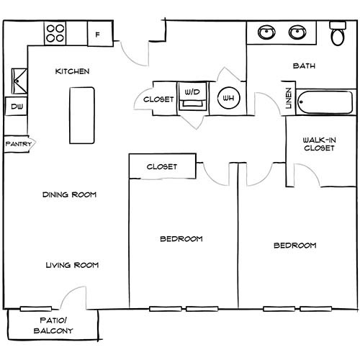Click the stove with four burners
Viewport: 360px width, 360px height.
[x=55, y=33]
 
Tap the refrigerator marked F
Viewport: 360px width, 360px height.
[x=100, y=34]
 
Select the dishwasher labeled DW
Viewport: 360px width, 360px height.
[x=17, y=107]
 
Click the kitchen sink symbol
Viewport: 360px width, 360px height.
[x=19, y=81]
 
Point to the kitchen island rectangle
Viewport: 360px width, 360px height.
[x=82, y=115]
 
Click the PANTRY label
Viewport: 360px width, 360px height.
[x=19, y=144]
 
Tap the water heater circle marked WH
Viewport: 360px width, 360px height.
[x=229, y=98]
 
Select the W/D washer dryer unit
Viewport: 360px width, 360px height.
[x=192, y=96]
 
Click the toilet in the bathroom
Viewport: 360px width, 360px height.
[x=338, y=34]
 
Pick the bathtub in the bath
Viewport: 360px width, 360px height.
[x=325, y=102]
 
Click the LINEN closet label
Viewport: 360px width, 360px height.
[x=289, y=98]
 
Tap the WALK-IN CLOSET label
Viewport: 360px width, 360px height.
[x=319, y=144]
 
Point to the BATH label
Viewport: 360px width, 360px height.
[x=304, y=66]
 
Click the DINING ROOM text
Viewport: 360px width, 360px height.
[x=69, y=194]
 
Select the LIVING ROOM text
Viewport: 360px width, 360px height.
[x=72, y=265]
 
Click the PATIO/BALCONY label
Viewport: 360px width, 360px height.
[x=53, y=325]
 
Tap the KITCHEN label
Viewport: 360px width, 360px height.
[x=72, y=71]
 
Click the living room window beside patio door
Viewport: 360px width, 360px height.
[x=36, y=309]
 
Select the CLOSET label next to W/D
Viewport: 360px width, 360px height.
[x=158, y=99]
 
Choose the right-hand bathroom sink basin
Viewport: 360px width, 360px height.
[x=297, y=32]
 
